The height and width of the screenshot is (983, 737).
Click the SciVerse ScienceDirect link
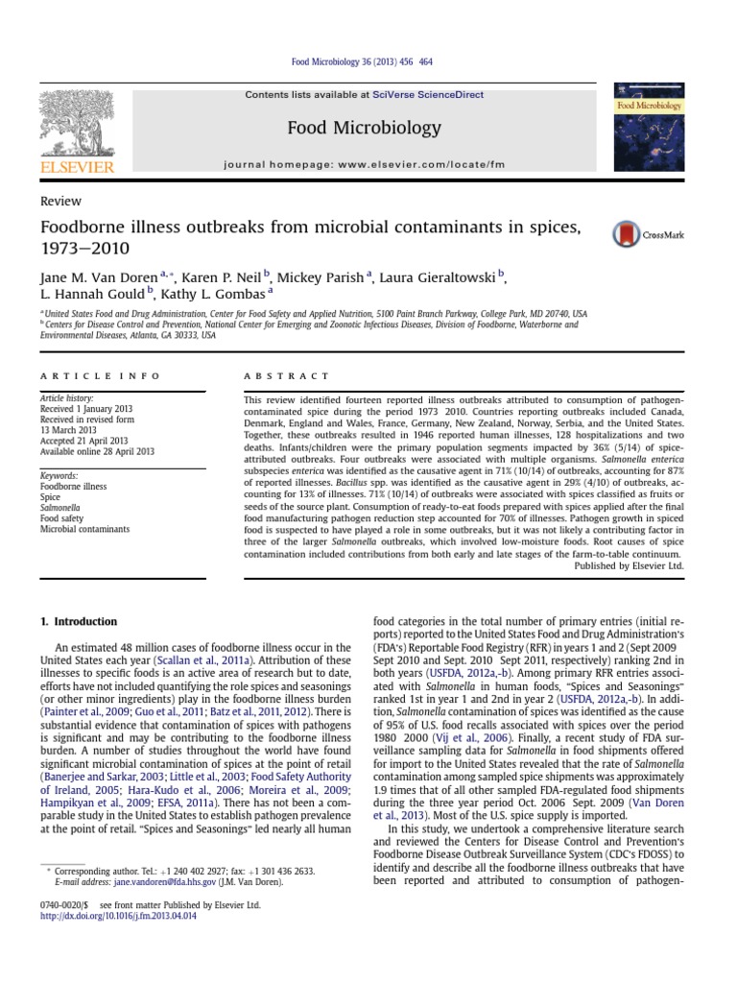click(441, 95)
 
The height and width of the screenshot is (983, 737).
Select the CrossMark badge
click(648, 234)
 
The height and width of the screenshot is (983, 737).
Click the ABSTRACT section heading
click(287, 376)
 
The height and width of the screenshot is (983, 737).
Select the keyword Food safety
click(61, 518)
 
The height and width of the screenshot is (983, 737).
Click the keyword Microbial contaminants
click(84, 529)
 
